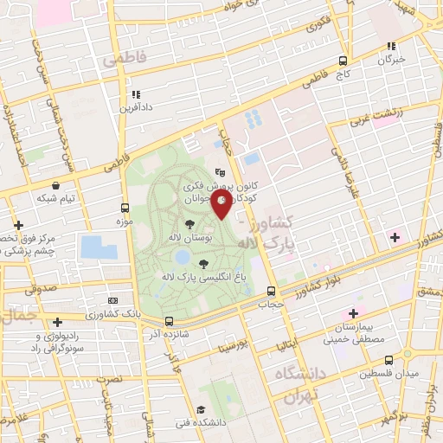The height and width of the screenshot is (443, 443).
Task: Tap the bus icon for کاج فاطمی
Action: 343,61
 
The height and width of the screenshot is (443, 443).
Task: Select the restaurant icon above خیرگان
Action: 391,46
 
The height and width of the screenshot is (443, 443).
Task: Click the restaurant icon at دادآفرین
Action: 135,94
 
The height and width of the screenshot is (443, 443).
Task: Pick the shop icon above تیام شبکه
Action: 56,185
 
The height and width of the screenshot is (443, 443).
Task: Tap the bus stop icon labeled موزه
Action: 125,208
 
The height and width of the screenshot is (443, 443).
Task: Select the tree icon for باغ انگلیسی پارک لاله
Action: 203,263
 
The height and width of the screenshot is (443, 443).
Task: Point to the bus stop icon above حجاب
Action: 272,291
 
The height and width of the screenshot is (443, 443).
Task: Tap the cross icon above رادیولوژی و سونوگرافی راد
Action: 57,322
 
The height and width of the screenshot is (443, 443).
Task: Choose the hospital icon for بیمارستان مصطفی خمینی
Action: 352,312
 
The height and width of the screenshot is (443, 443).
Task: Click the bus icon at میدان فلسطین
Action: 388,359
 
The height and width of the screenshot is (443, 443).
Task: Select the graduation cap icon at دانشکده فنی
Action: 202,409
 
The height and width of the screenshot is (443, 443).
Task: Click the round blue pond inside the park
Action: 182,257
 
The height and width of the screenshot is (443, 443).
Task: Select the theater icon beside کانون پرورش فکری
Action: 220,173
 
